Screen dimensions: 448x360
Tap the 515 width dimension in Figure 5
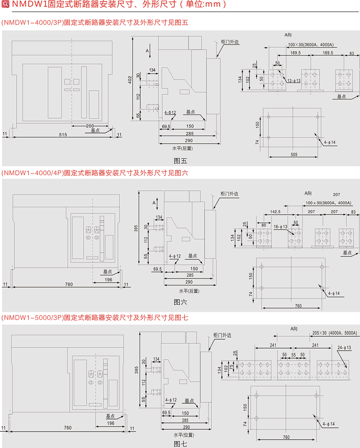62,134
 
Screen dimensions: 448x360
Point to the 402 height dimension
130,79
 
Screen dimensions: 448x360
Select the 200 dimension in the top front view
90,125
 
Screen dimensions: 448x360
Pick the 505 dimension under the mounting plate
295,154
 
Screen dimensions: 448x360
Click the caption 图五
180,161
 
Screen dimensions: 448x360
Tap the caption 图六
180,302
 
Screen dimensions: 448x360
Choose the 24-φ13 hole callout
344,347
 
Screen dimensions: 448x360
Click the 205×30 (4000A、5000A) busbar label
335,333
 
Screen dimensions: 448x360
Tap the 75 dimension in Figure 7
231,366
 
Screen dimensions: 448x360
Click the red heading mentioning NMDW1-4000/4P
95,173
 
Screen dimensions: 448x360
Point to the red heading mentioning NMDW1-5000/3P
95,318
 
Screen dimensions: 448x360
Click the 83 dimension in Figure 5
352,53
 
